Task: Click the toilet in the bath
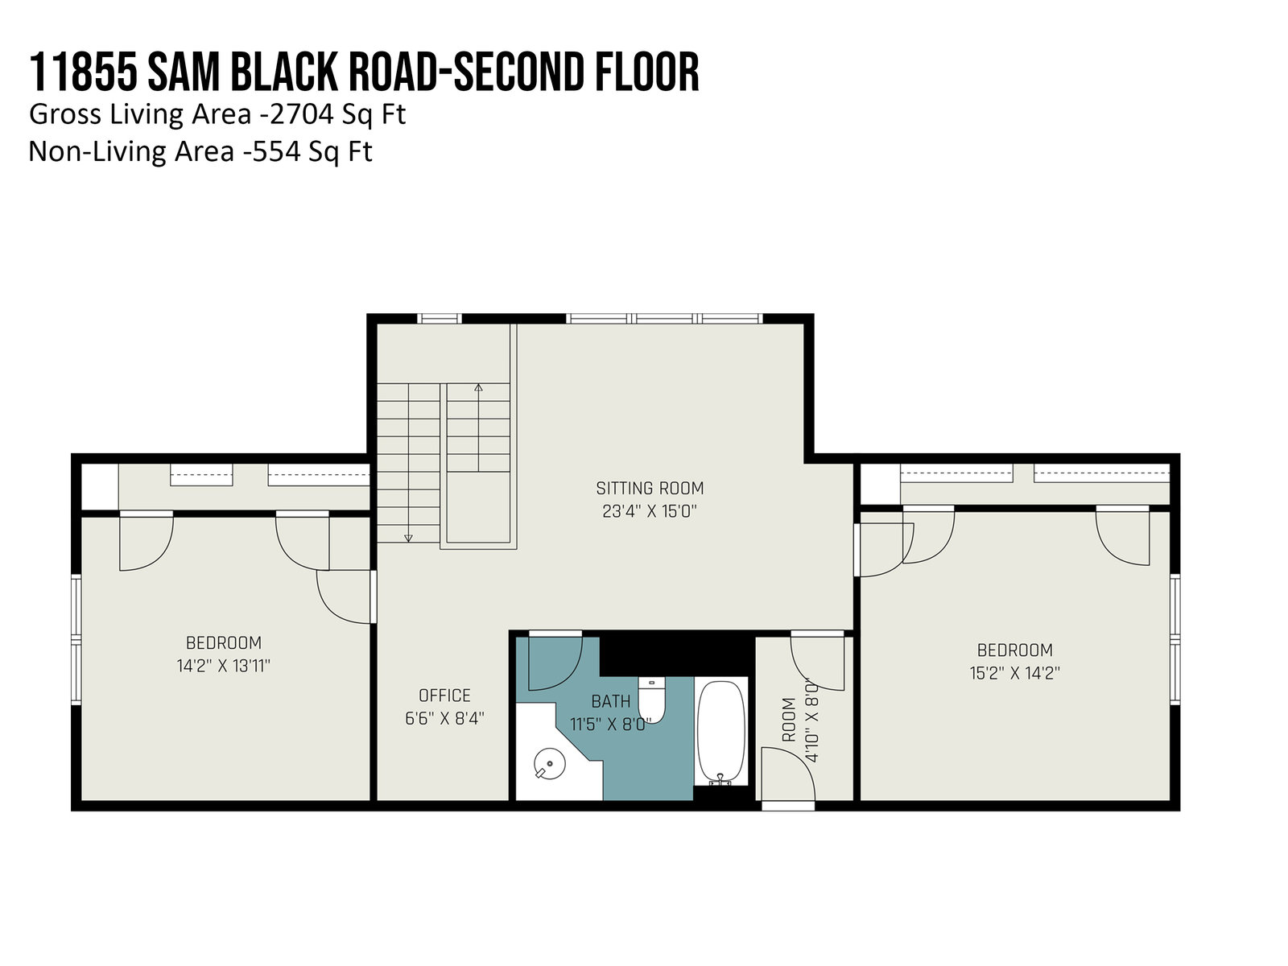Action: tap(651, 700)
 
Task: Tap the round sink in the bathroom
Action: tap(549, 764)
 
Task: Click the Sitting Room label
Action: tap(650, 488)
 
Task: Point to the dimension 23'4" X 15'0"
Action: tap(649, 511)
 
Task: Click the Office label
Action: tap(444, 696)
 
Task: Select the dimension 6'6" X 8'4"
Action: tap(444, 719)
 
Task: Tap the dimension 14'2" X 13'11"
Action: tap(223, 666)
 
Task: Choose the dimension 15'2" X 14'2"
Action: tap(1014, 673)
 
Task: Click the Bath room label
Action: tap(611, 701)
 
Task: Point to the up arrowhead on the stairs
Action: tap(478, 388)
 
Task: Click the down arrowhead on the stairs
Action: tap(408, 538)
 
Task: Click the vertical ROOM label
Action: tap(789, 720)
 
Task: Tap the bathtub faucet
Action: tap(720, 779)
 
